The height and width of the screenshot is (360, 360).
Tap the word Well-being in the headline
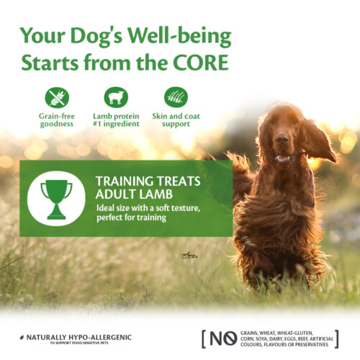179,37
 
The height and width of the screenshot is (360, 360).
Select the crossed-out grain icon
57,98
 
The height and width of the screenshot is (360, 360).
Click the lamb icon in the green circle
116,97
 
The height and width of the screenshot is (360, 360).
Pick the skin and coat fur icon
176,97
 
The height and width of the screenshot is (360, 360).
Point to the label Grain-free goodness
57,120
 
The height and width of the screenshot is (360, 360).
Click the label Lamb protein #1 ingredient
116,120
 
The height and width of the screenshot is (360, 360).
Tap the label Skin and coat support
176,120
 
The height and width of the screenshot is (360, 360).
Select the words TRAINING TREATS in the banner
148,181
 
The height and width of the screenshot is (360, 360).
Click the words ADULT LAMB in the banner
134,194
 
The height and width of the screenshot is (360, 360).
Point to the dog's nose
282,139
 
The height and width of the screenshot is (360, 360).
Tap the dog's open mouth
284,158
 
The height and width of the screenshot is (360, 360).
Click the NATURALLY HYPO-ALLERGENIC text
79,338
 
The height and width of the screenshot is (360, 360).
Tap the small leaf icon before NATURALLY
22,338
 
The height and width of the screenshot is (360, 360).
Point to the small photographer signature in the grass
189,256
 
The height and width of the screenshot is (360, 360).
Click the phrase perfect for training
131,217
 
